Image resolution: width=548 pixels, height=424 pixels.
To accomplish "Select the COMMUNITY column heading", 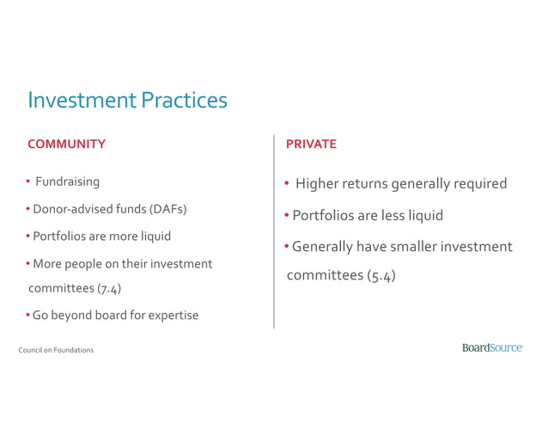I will [67, 144].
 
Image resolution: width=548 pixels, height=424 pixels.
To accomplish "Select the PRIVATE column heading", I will [311, 144].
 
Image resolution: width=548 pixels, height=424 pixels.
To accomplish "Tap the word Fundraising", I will [67, 181].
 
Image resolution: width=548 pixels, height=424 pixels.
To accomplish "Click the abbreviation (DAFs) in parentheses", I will [168, 209].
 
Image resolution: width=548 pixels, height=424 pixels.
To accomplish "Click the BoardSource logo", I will [492, 347].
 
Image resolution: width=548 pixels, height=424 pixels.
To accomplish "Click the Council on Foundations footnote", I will [56, 350].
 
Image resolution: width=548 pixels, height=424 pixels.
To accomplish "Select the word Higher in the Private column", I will [317, 183].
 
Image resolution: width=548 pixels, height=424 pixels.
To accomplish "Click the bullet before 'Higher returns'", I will [287, 183].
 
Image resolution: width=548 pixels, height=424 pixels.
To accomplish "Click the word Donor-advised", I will [70, 209].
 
